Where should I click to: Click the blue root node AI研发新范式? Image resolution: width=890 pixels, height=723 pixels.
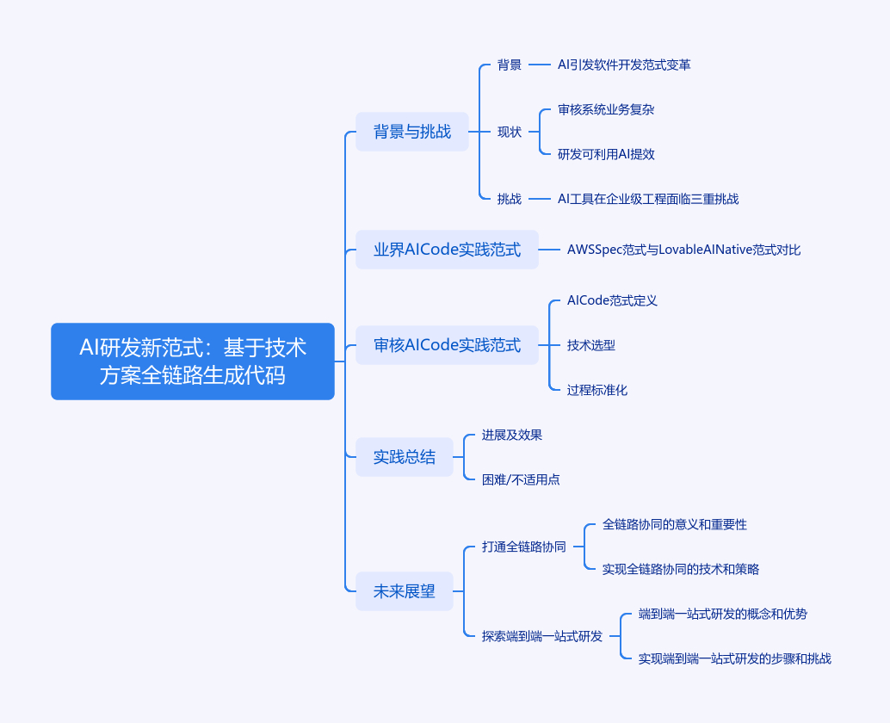coord(193,361)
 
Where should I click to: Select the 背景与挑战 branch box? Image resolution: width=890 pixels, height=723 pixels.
coord(412,132)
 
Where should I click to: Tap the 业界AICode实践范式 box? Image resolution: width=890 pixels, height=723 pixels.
coord(447,250)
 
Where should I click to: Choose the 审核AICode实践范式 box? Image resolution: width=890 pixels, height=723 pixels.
coord(447,345)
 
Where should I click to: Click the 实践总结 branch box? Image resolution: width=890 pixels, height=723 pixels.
coord(405,457)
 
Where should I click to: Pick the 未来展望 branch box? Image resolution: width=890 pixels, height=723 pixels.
coord(405,591)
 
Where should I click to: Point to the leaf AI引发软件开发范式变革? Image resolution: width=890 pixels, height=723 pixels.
coord(624,65)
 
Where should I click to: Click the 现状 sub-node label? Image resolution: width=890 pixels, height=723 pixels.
coord(510,132)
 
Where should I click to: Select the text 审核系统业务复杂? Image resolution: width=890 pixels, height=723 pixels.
coord(607,109)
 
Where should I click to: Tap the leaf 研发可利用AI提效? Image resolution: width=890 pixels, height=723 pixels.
coord(607,154)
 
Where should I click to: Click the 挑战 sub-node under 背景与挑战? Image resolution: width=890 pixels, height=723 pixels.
coord(510,199)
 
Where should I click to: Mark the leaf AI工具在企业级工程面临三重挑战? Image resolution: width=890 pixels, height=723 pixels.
coord(648,199)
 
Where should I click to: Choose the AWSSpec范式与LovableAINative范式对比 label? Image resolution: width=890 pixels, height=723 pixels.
coord(683,250)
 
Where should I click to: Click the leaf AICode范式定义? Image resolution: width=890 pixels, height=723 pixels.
coord(612,300)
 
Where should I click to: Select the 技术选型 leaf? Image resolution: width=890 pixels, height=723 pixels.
coord(591,345)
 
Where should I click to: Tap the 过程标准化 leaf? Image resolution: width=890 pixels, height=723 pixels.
coord(597,390)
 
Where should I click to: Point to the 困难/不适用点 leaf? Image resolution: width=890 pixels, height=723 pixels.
coord(521,479)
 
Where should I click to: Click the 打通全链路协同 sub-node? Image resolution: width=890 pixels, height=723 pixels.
coord(524,547)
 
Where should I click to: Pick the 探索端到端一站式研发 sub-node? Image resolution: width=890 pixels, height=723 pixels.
coord(542,636)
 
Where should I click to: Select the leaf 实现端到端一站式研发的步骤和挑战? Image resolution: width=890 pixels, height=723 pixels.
coord(735,658)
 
